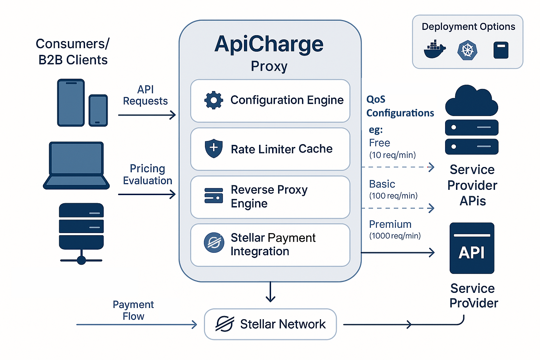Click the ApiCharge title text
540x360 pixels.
point(269,44)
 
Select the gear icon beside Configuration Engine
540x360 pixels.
point(213,100)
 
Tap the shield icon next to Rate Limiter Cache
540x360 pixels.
point(213,148)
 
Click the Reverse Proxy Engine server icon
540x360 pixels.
point(213,196)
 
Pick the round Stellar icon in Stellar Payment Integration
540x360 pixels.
point(214,243)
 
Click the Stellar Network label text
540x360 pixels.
point(283,324)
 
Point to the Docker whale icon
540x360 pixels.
point(435,49)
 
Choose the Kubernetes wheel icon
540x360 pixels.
point(467,50)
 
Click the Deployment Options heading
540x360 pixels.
point(468,27)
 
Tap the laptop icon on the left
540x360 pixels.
point(76,165)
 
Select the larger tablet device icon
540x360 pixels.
point(71,102)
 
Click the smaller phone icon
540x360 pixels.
point(98,110)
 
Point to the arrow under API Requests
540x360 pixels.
point(147,115)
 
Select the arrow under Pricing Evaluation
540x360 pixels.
point(147,194)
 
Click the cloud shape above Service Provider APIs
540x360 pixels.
point(471,102)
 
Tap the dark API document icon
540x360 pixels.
point(472,248)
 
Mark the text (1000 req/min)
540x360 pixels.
point(395,236)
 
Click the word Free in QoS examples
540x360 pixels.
point(379,143)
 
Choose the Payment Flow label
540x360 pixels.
point(133,310)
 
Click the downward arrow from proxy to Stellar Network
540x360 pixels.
point(270,292)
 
